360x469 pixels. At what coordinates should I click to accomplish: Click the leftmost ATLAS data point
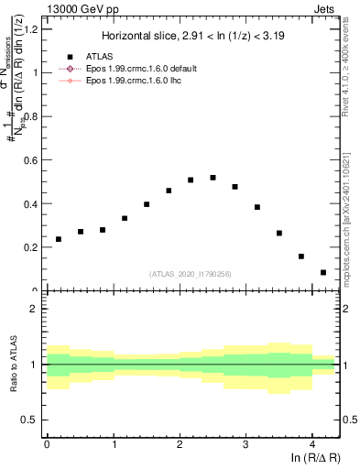tap(59, 239)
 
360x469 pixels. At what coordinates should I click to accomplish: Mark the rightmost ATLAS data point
tap(323, 272)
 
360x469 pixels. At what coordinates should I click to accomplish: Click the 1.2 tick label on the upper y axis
tap(30, 28)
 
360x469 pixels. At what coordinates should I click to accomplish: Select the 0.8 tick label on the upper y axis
tap(30, 116)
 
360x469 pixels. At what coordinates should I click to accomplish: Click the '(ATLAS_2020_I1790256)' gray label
tap(191, 274)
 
